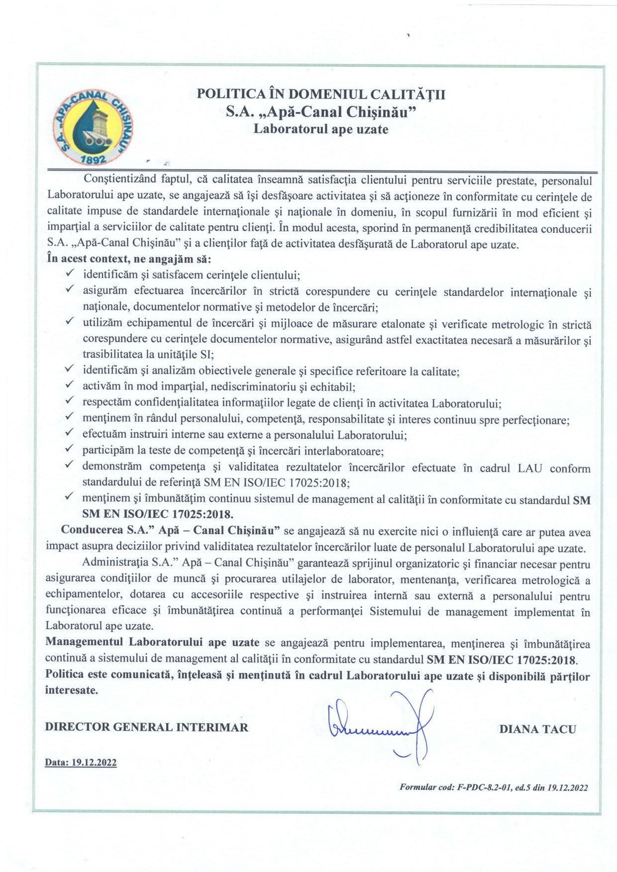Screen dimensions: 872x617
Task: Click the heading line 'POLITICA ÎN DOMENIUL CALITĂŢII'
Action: click(x=321, y=94)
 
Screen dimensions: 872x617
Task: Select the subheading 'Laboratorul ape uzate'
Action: click(x=321, y=129)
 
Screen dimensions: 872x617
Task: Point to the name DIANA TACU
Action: click(x=537, y=729)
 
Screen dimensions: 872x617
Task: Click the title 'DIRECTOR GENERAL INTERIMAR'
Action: click(x=146, y=727)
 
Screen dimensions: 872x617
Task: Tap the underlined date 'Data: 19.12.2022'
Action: click(x=81, y=763)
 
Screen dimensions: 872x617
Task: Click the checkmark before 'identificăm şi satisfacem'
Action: click(x=70, y=273)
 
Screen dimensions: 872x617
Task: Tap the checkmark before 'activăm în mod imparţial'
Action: click(x=70, y=385)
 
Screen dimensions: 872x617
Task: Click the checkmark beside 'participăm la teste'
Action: click(x=70, y=450)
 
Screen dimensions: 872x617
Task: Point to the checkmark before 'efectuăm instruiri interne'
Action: click(x=70, y=433)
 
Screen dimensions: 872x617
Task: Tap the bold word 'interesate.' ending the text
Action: click(x=72, y=690)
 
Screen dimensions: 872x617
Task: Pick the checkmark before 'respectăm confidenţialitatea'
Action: click(x=70, y=401)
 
